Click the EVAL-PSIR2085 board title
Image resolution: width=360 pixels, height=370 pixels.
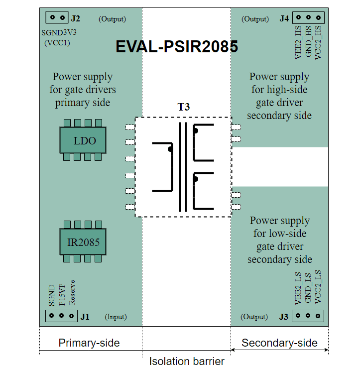click(177, 47)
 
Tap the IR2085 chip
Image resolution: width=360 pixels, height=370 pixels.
click(84, 243)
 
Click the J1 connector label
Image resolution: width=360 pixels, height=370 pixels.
click(85, 317)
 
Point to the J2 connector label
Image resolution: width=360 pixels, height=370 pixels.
click(75, 19)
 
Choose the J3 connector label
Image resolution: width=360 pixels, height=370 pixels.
click(284, 317)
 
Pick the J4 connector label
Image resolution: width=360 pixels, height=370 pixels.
click(284, 19)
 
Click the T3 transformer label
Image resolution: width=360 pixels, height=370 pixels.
click(184, 107)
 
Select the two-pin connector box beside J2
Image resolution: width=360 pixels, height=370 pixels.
click(57, 17)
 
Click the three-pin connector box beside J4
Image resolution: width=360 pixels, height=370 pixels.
click(308, 17)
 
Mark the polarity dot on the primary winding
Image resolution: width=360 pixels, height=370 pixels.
click(170, 149)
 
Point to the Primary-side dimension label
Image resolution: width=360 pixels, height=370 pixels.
click(89, 343)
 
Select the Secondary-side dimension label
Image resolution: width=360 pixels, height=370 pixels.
click(279, 343)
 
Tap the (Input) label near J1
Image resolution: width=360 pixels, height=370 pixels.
click(116, 317)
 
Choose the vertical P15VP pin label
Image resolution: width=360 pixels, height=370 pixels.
click(62, 294)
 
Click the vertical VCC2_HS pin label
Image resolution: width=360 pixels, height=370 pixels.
click(318, 42)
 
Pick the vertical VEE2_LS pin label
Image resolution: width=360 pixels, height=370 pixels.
click(298, 289)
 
